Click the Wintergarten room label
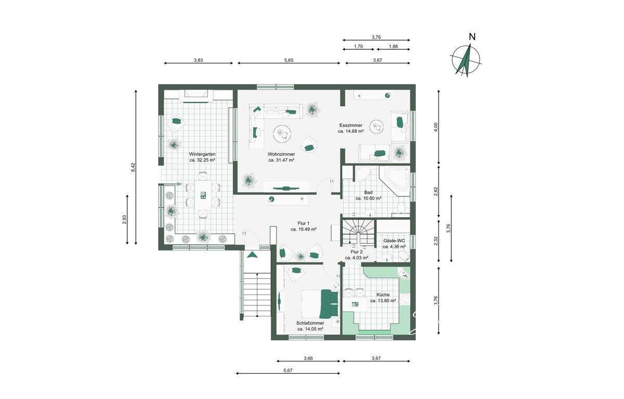202,154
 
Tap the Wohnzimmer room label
281,154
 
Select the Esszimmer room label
350,125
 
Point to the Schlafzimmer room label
310,323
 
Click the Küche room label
383,295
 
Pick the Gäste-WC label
394,241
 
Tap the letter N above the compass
472,37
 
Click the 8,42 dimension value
133,168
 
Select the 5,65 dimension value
289,60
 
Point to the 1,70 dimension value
358,46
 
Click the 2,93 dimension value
124,219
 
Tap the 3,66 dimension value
308,358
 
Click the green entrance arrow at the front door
253,255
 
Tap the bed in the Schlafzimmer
320,304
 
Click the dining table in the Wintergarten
203,195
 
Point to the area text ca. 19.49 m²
303,229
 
